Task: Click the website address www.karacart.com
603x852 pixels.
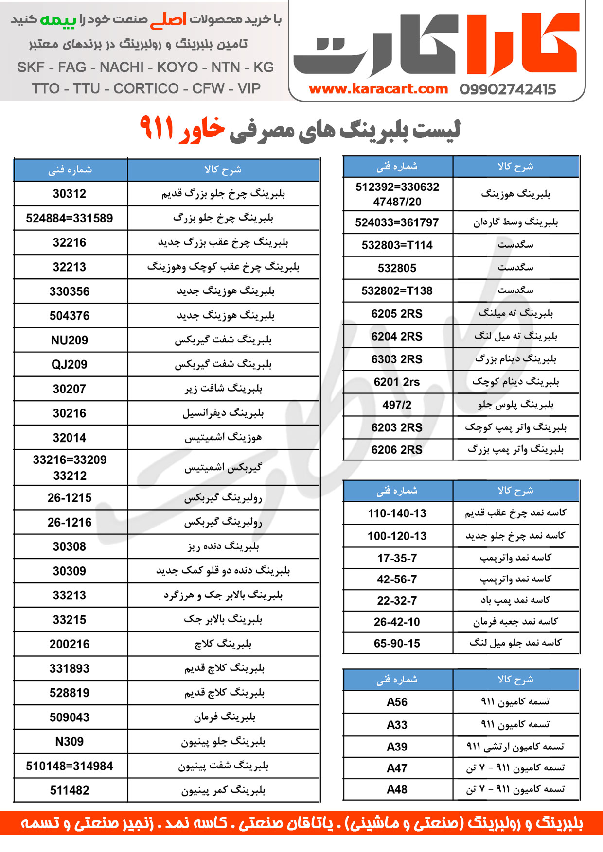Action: tap(378, 89)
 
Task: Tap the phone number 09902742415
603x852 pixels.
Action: tap(507, 89)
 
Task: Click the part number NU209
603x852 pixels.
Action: tap(70, 340)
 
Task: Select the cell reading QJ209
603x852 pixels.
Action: tap(70, 364)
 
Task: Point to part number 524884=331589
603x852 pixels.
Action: tap(70, 218)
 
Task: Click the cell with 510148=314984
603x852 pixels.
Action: tap(70, 766)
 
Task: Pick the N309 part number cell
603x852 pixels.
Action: tap(70, 742)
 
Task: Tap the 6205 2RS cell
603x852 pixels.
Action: tap(397, 314)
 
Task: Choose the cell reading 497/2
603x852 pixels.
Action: tap(397, 405)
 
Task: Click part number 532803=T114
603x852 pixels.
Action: tap(397, 245)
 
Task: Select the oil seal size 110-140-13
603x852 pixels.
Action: tap(397, 513)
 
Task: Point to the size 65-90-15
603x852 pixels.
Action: tap(397, 643)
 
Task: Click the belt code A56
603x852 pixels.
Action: tap(397, 702)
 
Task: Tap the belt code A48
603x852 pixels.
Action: tap(397, 789)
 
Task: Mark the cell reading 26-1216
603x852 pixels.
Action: tap(70, 522)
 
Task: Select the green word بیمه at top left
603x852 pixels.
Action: tap(58, 20)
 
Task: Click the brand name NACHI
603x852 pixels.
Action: tap(122, 67)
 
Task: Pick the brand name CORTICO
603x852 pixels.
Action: tap(146, 88)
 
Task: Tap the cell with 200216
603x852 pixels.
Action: tap(70, 644)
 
